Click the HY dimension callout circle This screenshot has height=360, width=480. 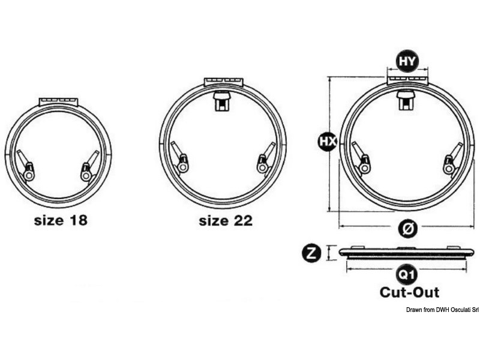(x=407, y=62)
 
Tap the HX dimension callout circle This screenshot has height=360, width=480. (x=328, y=141)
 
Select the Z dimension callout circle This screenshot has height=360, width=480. (x=311, y=253)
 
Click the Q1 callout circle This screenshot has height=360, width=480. (x=407, y=275)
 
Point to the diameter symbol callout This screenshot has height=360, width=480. (x=407, y=229)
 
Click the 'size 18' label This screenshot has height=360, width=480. (x=61, y=220)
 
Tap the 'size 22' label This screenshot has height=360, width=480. (x=226, y=220)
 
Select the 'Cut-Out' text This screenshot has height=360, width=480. (x=409, y=292)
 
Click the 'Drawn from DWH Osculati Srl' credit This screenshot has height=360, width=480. (x=442, y=310)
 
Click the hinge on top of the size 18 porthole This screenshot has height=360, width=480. (x=59, y=101)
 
